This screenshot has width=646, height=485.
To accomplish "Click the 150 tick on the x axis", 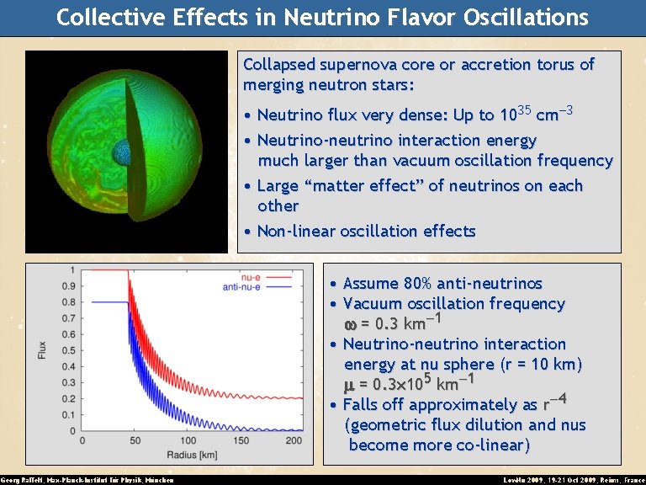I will pyautogui.click(x=242, y=440).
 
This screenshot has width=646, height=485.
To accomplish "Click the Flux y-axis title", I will pyautogui.click(x=42, y=349).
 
